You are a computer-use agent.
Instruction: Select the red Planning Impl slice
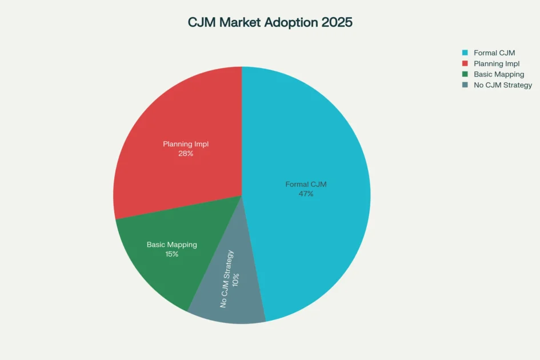click(x=183, y=114)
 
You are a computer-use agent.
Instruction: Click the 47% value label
click(x=306, y=194)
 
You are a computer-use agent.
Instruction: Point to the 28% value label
click(x=186, y=154)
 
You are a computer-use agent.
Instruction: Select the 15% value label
click(x=171, y=254)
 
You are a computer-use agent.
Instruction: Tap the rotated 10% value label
click(x=236, y=279)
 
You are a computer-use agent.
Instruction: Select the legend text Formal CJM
click(x=494, y=53)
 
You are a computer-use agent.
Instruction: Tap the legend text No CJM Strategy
click(x=503, y=85)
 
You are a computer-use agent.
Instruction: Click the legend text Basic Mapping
click(x=499, y=74)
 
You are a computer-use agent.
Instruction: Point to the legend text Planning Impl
click(x=497, y=63)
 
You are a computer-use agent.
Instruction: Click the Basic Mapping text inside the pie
click(x=171, y=245)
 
